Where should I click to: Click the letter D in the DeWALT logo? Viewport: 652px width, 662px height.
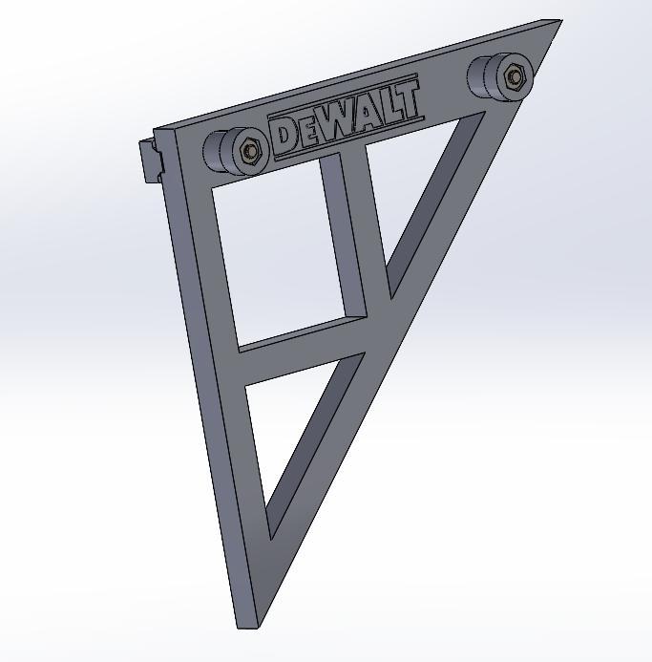coord(285,135)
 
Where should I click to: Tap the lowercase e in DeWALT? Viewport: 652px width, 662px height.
coord(307,132)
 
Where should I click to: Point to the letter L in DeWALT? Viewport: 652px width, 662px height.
coord(386,108)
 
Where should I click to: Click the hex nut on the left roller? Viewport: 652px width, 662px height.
coord(251,150)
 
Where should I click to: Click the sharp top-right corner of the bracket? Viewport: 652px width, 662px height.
coord(557,22)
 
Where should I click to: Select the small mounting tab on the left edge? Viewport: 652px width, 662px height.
coord(151,160)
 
